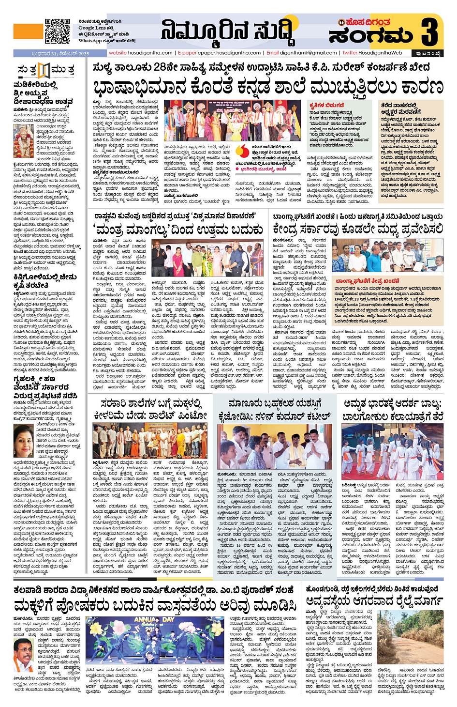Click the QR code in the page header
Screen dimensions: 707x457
pos(58,31)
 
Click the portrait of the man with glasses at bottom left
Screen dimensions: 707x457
pos(23,651)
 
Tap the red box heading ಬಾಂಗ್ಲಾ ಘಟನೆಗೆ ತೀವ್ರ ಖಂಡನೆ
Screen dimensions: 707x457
pos(368,281)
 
